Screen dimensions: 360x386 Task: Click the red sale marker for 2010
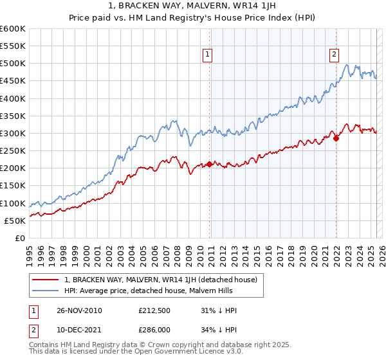click(210, 164)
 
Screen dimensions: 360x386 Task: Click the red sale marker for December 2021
click(336, 138)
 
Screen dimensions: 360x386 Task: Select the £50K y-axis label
click(15, 221)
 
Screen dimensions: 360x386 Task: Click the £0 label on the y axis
click(21, 238)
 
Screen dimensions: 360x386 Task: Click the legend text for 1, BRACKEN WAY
click(161, 280)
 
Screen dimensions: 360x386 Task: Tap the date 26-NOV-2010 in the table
click(80, 310)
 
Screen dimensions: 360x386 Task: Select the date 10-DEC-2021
click(80, 329)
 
